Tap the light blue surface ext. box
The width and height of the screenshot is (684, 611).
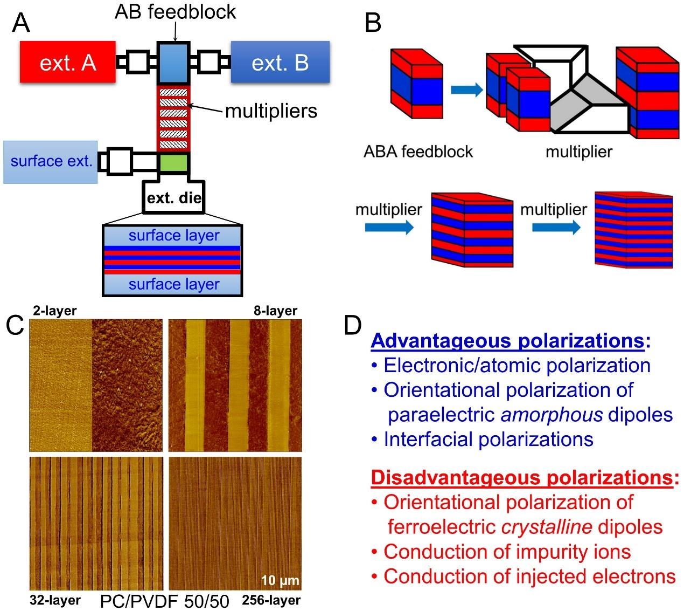(51, 161)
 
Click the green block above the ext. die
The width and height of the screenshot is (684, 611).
(173, 163)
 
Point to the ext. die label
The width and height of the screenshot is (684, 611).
(173, 197)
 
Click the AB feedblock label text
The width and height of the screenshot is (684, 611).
(175, 12)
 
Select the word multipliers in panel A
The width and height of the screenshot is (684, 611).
(270, 111)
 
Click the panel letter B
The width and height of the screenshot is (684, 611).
(373, 23)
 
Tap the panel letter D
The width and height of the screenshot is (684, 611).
(352, 325)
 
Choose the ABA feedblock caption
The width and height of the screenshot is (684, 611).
(418, 151)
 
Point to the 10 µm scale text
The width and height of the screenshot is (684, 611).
(279, 580)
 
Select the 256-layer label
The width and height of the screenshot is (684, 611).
(271, 600)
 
